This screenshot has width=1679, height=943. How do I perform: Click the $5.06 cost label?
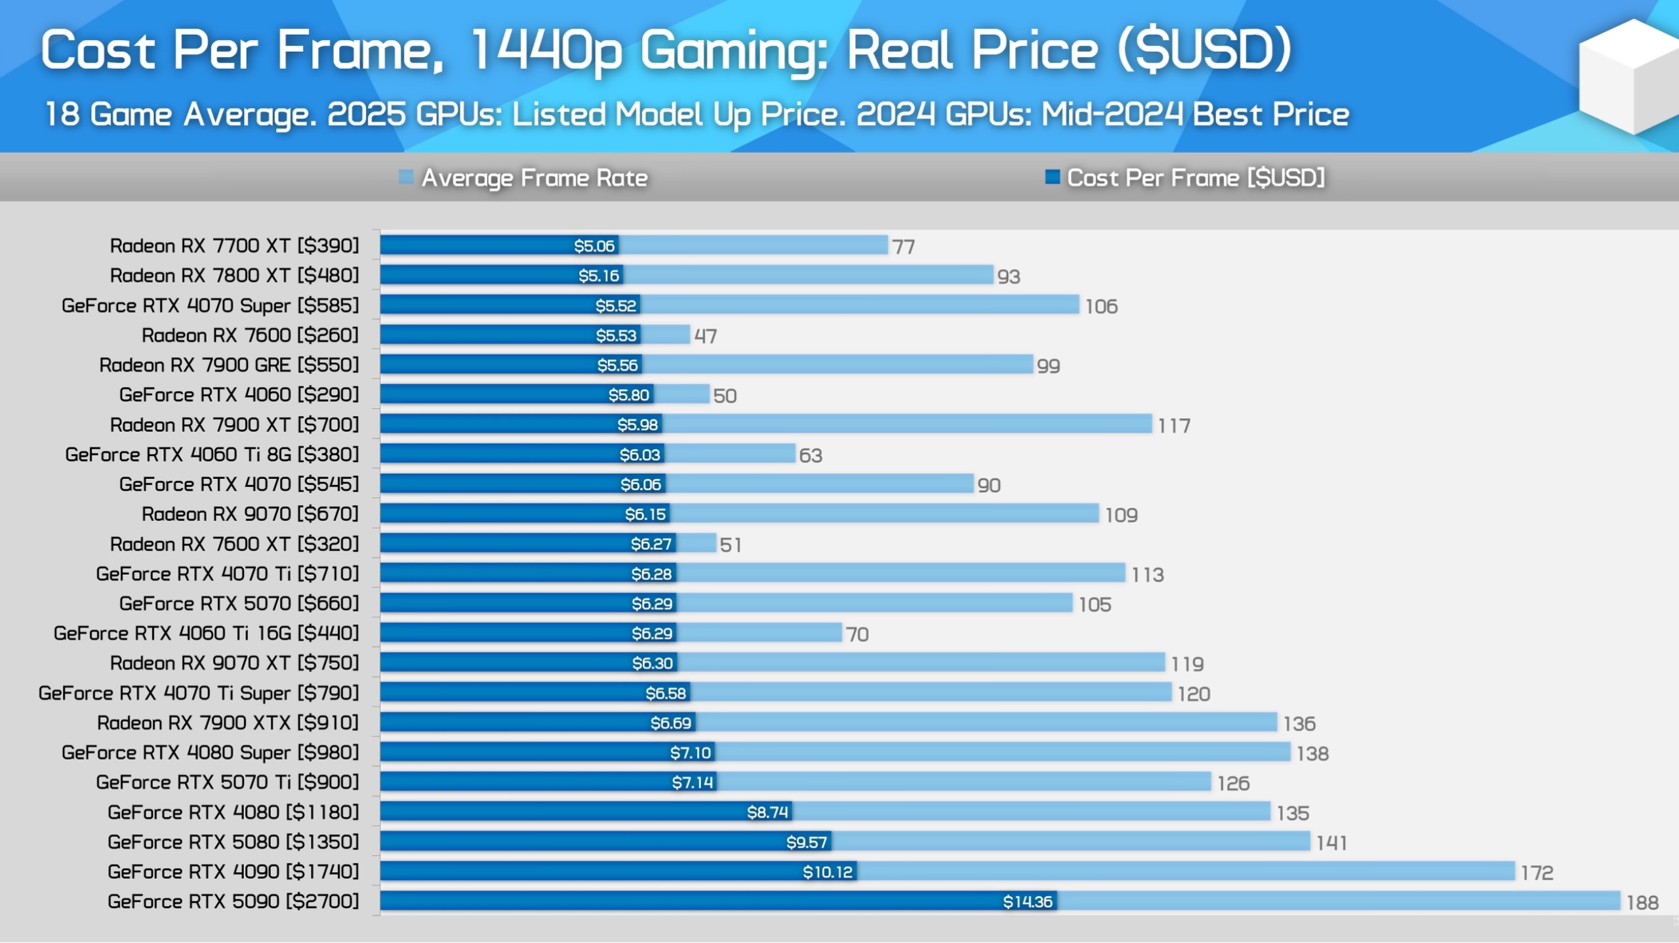tap(594, 246)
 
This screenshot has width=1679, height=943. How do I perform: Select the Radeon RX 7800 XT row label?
tap(234, 276)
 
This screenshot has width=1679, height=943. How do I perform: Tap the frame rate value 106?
tap(1101, 306)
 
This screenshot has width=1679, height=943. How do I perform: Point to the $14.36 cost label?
tap(1027, 902)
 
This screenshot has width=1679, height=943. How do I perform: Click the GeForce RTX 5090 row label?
tap(233, 902)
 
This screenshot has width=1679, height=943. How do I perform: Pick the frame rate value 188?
tap(1642, 903)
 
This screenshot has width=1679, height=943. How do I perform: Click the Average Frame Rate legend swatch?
tap(406, 177)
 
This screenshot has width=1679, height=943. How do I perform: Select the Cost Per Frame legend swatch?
tap(1052, 177)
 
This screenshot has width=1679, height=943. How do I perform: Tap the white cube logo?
tap(1628, 77)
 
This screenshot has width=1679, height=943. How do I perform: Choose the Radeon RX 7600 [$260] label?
tap(250, 335)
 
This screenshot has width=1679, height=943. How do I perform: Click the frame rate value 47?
tap(706, 337)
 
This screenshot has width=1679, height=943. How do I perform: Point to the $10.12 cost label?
tap(827, 872)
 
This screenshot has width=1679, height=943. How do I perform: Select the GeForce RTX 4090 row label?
tap(233, 872)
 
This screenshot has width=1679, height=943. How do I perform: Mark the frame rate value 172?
tap(1537, 873)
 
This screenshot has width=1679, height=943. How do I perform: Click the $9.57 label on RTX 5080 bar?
tap(806, 843)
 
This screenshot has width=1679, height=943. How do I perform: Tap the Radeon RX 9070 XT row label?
tap(234, 663)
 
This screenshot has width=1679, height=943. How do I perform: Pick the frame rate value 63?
tap(810, 455)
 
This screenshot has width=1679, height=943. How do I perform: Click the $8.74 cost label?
tap(767, 812)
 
